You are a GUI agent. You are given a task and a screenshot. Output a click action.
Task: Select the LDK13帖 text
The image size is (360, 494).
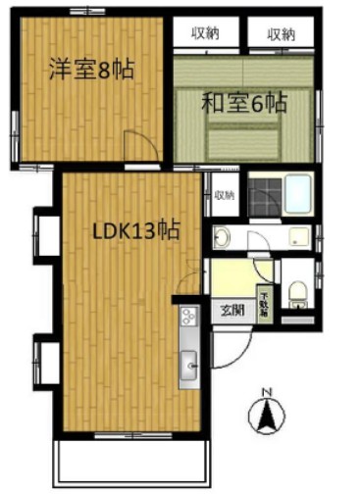(135, 232)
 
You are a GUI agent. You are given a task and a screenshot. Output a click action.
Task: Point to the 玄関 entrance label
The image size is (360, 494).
(232, 312)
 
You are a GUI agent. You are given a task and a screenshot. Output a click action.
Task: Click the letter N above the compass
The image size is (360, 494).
(265, 393)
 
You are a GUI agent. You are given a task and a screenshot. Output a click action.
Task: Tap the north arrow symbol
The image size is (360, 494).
(265, 418)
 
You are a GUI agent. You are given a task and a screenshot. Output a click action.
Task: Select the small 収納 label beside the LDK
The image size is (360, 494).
(225, 195)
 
